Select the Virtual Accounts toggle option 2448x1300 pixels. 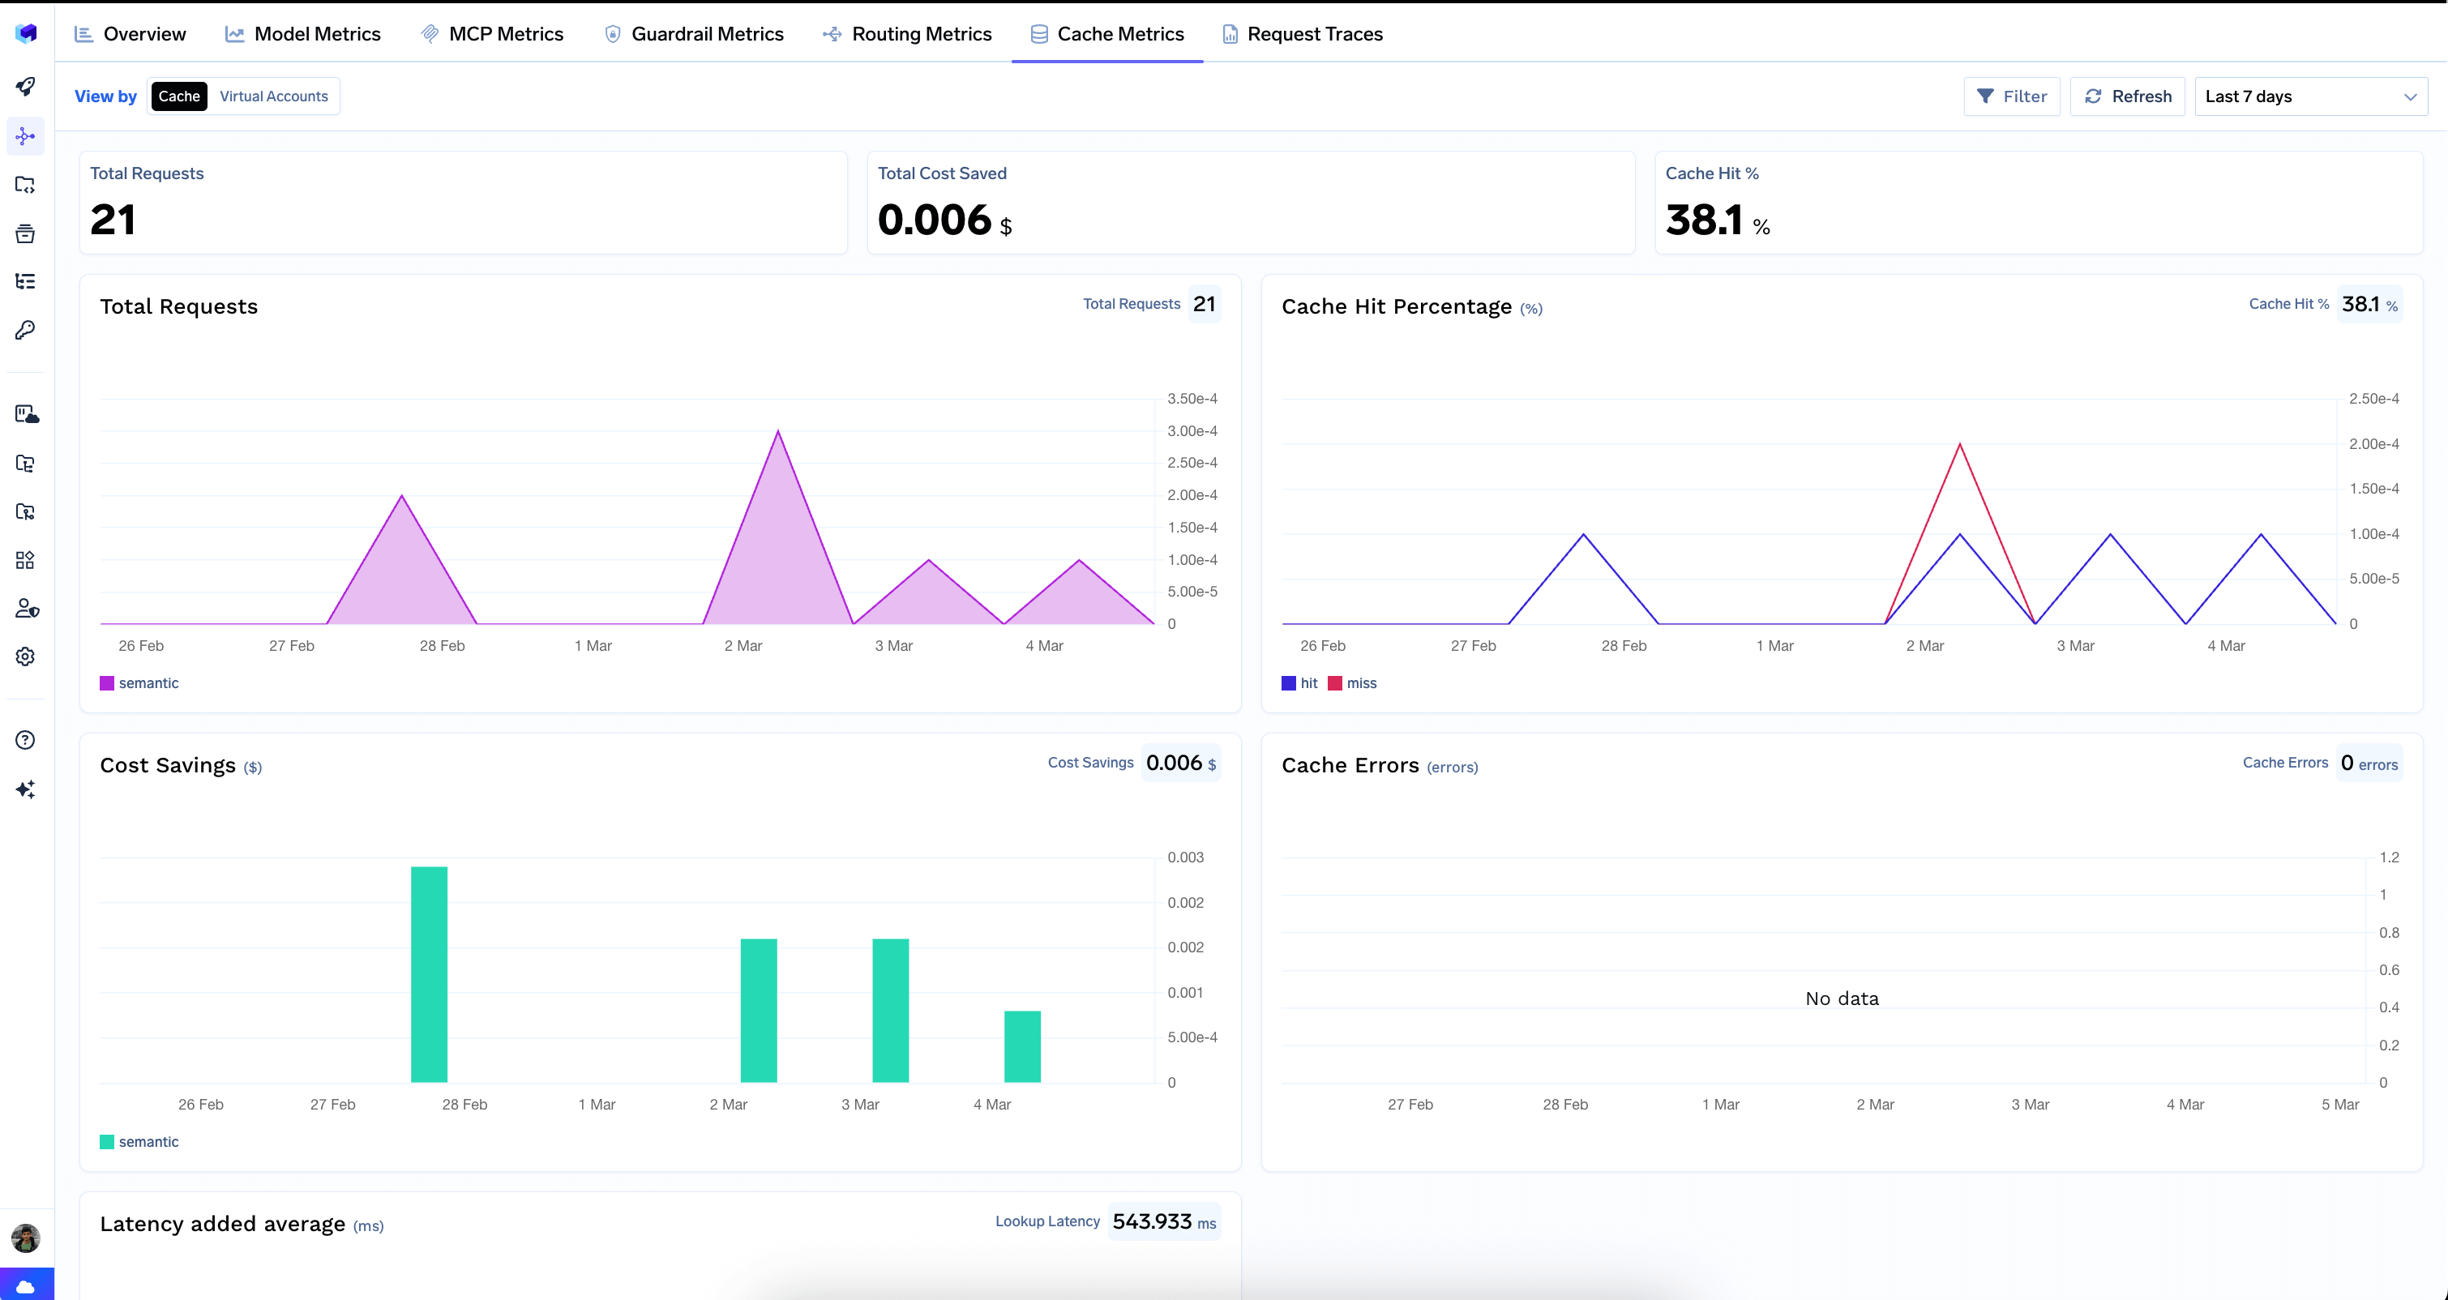pyautogui.click(x=274, y=96)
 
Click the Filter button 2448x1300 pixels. pyautogui.click(x=2012, y=96)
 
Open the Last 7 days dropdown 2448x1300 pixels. pyautogui.click(x=2310, y=96)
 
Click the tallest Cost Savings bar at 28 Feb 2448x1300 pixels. pyautogui.click(x=429, y=974)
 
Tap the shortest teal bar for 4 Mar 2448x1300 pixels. pyautogui.click(x=1021, y=1046)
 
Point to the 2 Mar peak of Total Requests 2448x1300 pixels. pyautogui.click(x=778, y=432)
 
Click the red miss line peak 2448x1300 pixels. pyautogui.click(x=1959, y=445)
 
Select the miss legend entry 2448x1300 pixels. pyautogui.click(x=1360, y=683)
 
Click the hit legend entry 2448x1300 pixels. pyautogui.click(x=1307, y=683)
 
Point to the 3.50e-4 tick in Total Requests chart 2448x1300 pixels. pyautogui.click(x=1192, y=398)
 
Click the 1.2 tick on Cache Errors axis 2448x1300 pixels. pyautogui.click(x=2389, y=857)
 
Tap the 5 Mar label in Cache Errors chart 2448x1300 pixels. pyautogui.click(x=2339, y=1104)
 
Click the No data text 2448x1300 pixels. pyautogui.click(x=1842, y=999)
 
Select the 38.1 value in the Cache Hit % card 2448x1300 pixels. pyautogui.click(x=1704, y=220)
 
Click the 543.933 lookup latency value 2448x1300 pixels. pyautogui.click(x=1152, y=1221)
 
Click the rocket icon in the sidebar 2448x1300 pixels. pyautogui.click(x=26, y=87)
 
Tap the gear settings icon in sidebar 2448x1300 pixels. pyautogui.click(x=26, y=656)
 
